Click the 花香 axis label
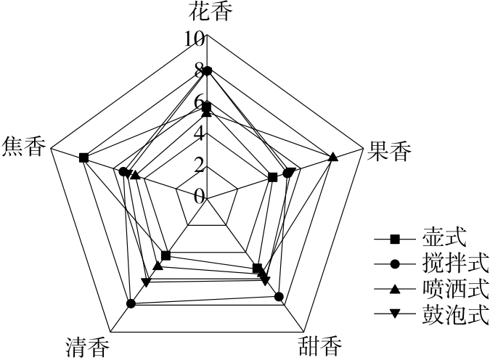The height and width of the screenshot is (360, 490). (208, 11)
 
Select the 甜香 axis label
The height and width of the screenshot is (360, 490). (319, 347)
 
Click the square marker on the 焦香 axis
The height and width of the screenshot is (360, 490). (84, 157)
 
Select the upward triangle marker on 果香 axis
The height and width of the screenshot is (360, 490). (332, 157)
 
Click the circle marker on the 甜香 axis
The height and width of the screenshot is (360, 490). (279, 296)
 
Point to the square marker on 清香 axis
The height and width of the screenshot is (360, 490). (166, 255)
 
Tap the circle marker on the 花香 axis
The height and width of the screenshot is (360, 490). (208, 70)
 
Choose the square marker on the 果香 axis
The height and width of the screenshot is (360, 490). (272, 177)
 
